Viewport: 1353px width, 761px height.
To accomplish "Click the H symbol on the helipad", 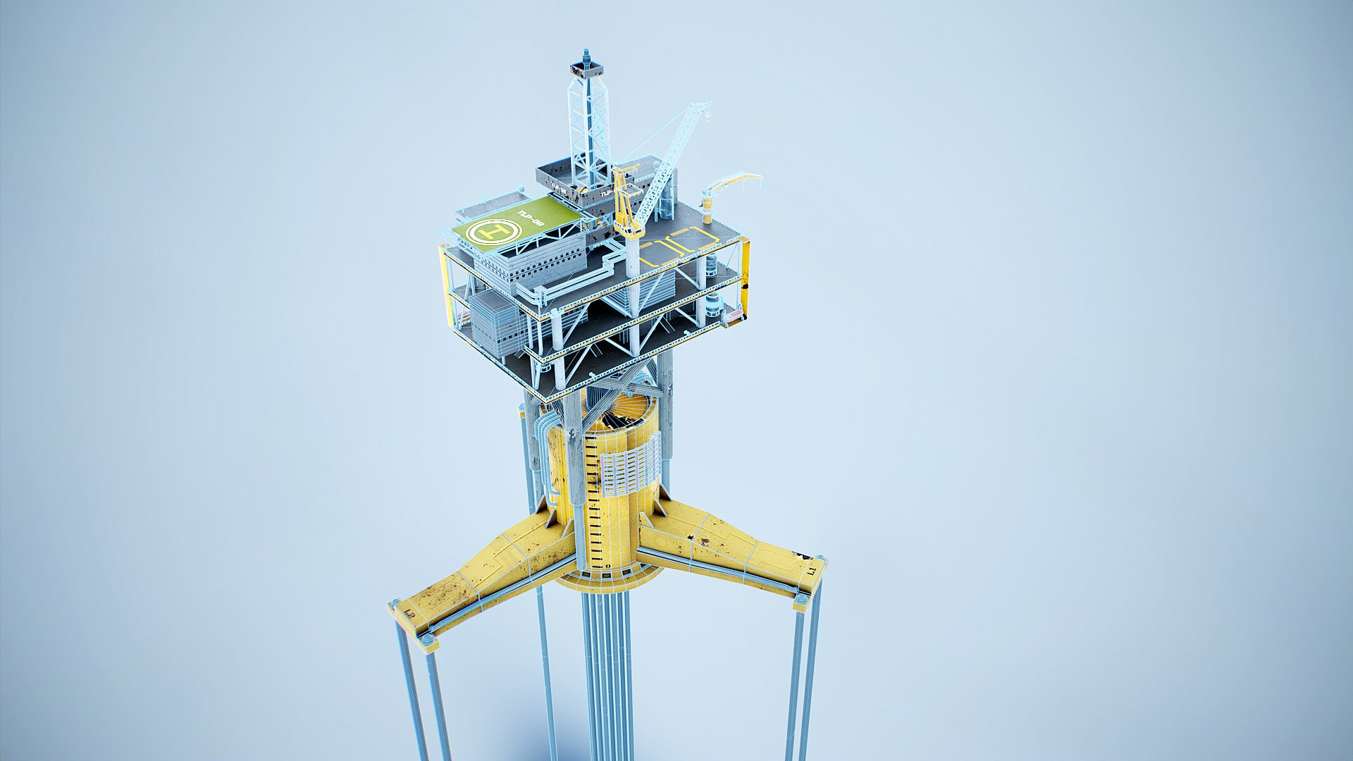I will click(x=495, y=231).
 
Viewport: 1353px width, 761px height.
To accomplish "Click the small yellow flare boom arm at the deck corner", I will click(x=733, y=182).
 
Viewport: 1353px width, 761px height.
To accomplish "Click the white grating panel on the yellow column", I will click(x=630, y=466).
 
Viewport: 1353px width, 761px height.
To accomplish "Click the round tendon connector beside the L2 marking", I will click(x=427, y=638).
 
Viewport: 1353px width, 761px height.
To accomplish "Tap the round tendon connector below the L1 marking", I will click(x=801, y=599).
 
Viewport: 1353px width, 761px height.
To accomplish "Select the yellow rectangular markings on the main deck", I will click(x=676, y=247).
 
